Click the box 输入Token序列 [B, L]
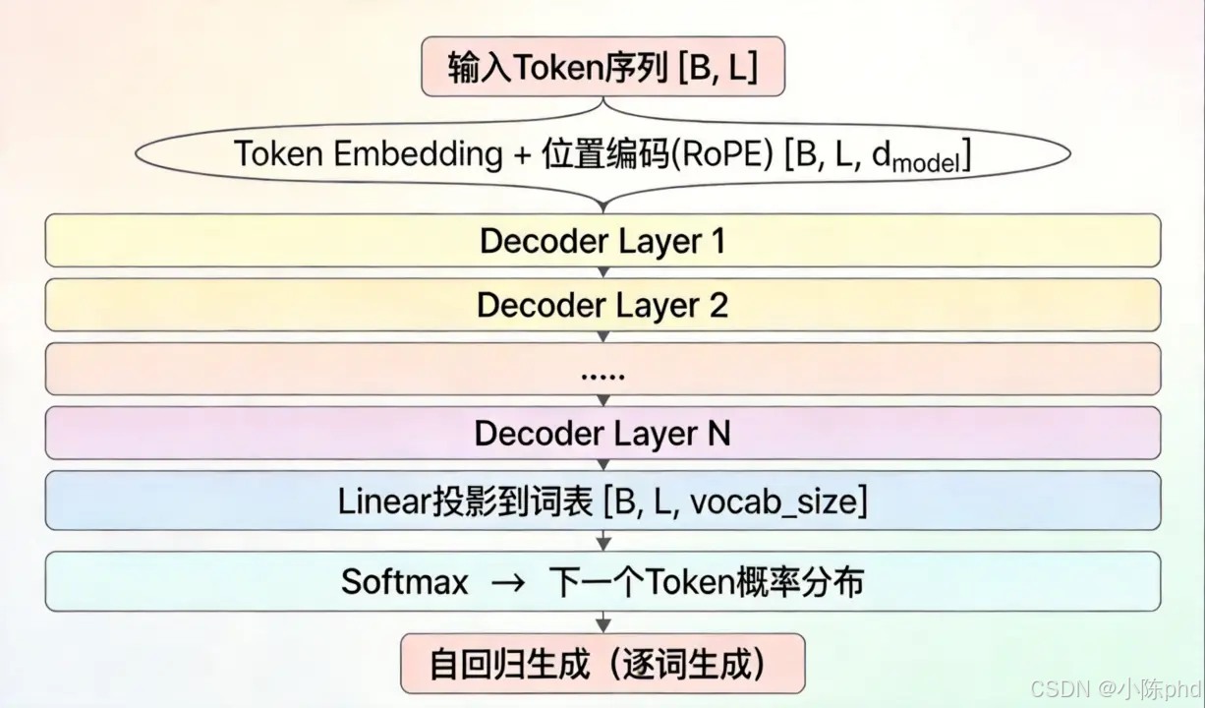tap(602, 68)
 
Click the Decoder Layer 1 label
tap(602, 241)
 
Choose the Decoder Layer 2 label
tap(602, 305)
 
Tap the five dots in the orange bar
tap(602, 374)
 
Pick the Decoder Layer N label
tap(602, 433)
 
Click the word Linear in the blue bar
tap(379, 501)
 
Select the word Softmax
tap(404, 581)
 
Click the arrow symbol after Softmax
tap(509, 582)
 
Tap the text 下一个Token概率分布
tap(706, 581)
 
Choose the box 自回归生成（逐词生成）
tap(602, 664)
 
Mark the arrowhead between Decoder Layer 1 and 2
tap(603, 272)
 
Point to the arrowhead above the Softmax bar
tap(603, 543)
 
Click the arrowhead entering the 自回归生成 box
tap(603, 625)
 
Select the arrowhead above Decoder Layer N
tap(603, 401)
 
